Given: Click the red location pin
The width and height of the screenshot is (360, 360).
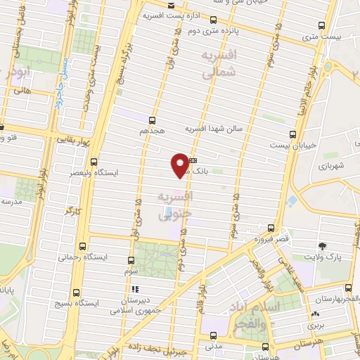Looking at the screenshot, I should click(181, 165).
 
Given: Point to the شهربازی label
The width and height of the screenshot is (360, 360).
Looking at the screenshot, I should click(330, 166).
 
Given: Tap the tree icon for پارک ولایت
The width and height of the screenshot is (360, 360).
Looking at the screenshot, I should click(323, 245).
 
